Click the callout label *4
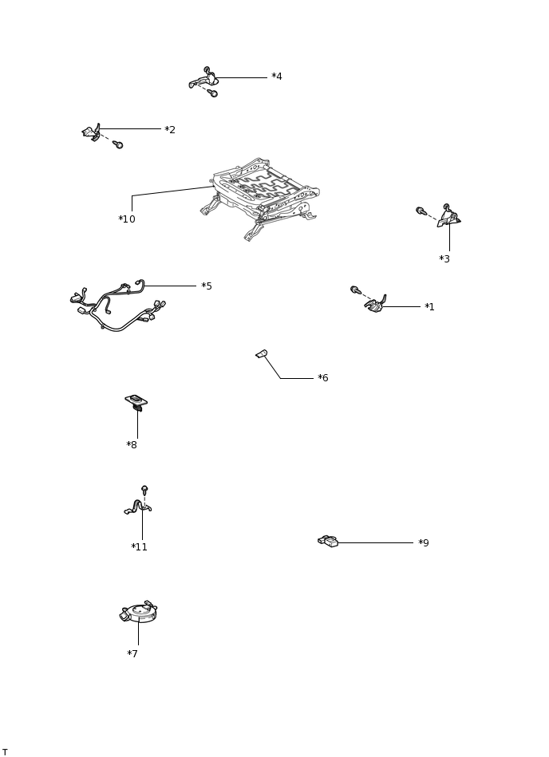[x=277, y=77]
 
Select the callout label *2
[x=170, y=130]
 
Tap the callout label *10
[x=127, y=219]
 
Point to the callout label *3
[x=444, y=259]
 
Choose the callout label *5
[x=207, y=286]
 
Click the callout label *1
[x=429, y=307]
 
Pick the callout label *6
[x=323, y=378]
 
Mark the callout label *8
[x=132, y=445]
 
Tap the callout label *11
[x=139, y=547]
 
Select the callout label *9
[x=424, y=543]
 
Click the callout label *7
[x=132, y=653]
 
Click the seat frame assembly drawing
[x=260, y=199]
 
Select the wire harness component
[x=117, y=306]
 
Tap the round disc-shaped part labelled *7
[x=139, y=612]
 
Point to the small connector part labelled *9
[x=328, y=541]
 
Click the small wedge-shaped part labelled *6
[x=262, y=354]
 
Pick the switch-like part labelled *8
[x=136, y=402]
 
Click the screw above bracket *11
[x=144, y=490]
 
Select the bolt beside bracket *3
[x=421, y=211]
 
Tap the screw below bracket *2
[x=118, y=144]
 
